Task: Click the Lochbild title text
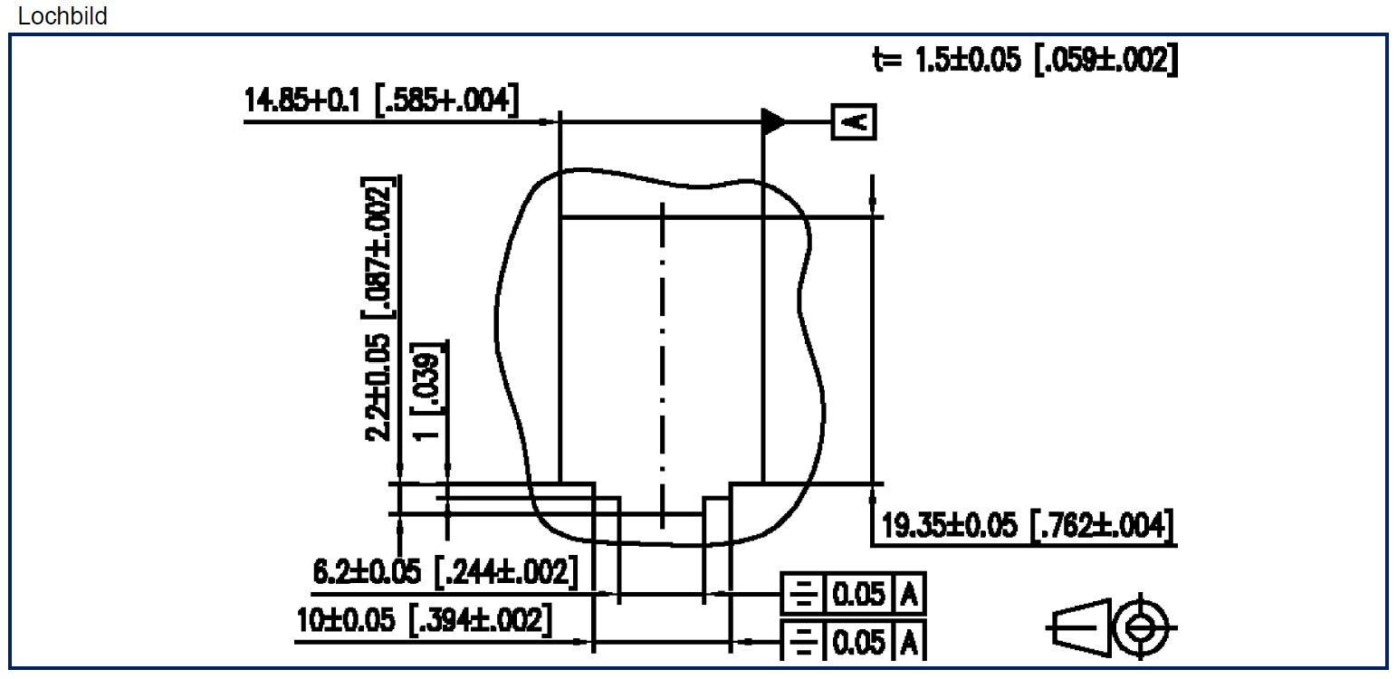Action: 62,15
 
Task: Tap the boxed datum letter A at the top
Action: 854,120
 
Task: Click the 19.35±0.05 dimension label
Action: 949,525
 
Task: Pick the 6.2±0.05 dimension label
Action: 368,572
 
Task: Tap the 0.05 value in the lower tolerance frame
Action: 856,643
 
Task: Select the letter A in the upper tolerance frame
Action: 911,595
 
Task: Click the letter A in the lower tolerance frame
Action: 911,643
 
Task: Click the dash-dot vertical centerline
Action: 663,362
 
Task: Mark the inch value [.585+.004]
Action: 447,100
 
